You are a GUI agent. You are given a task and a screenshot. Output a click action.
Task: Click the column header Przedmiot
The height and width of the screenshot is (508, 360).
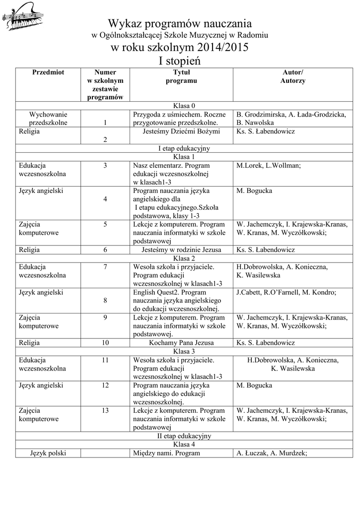[x=48, y=72]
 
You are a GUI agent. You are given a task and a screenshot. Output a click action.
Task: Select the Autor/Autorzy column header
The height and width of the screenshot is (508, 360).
[x=292, y=76]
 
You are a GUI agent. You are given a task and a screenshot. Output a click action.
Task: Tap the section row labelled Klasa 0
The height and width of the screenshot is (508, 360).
[x=180, y=106]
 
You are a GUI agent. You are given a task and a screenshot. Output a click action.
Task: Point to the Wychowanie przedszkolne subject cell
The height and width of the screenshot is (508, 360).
[x=48, y=118]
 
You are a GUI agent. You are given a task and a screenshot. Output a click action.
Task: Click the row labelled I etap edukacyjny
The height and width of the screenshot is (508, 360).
[x=180, y=148]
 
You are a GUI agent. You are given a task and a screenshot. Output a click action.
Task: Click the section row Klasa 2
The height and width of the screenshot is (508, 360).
[x=180, y=258]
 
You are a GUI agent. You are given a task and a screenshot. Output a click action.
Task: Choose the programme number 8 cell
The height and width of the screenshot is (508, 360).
[x=105, y=301]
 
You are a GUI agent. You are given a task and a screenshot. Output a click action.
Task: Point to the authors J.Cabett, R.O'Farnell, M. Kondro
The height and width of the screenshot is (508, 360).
[x=286, y=292]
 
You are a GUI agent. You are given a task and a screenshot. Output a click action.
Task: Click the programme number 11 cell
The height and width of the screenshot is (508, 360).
[x=105, y=360]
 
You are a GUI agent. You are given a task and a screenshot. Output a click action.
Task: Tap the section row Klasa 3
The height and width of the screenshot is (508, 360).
[x=180, y=351]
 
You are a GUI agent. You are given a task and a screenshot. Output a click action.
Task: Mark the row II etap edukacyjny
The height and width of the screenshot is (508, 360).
[x=180, y=436]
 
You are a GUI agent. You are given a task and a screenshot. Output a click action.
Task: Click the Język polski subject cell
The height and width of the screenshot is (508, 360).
[x=48, y=452]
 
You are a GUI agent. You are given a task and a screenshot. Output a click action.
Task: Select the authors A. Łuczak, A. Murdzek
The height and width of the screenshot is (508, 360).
[x=272, y=452]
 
